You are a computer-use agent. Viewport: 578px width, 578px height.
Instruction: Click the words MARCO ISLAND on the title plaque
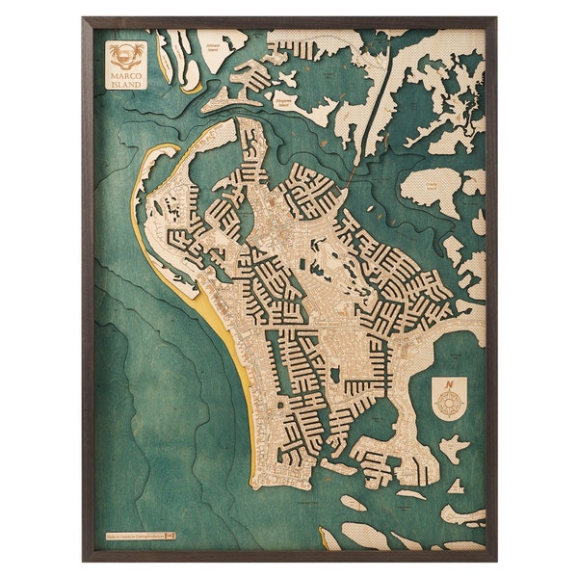[125, 77]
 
